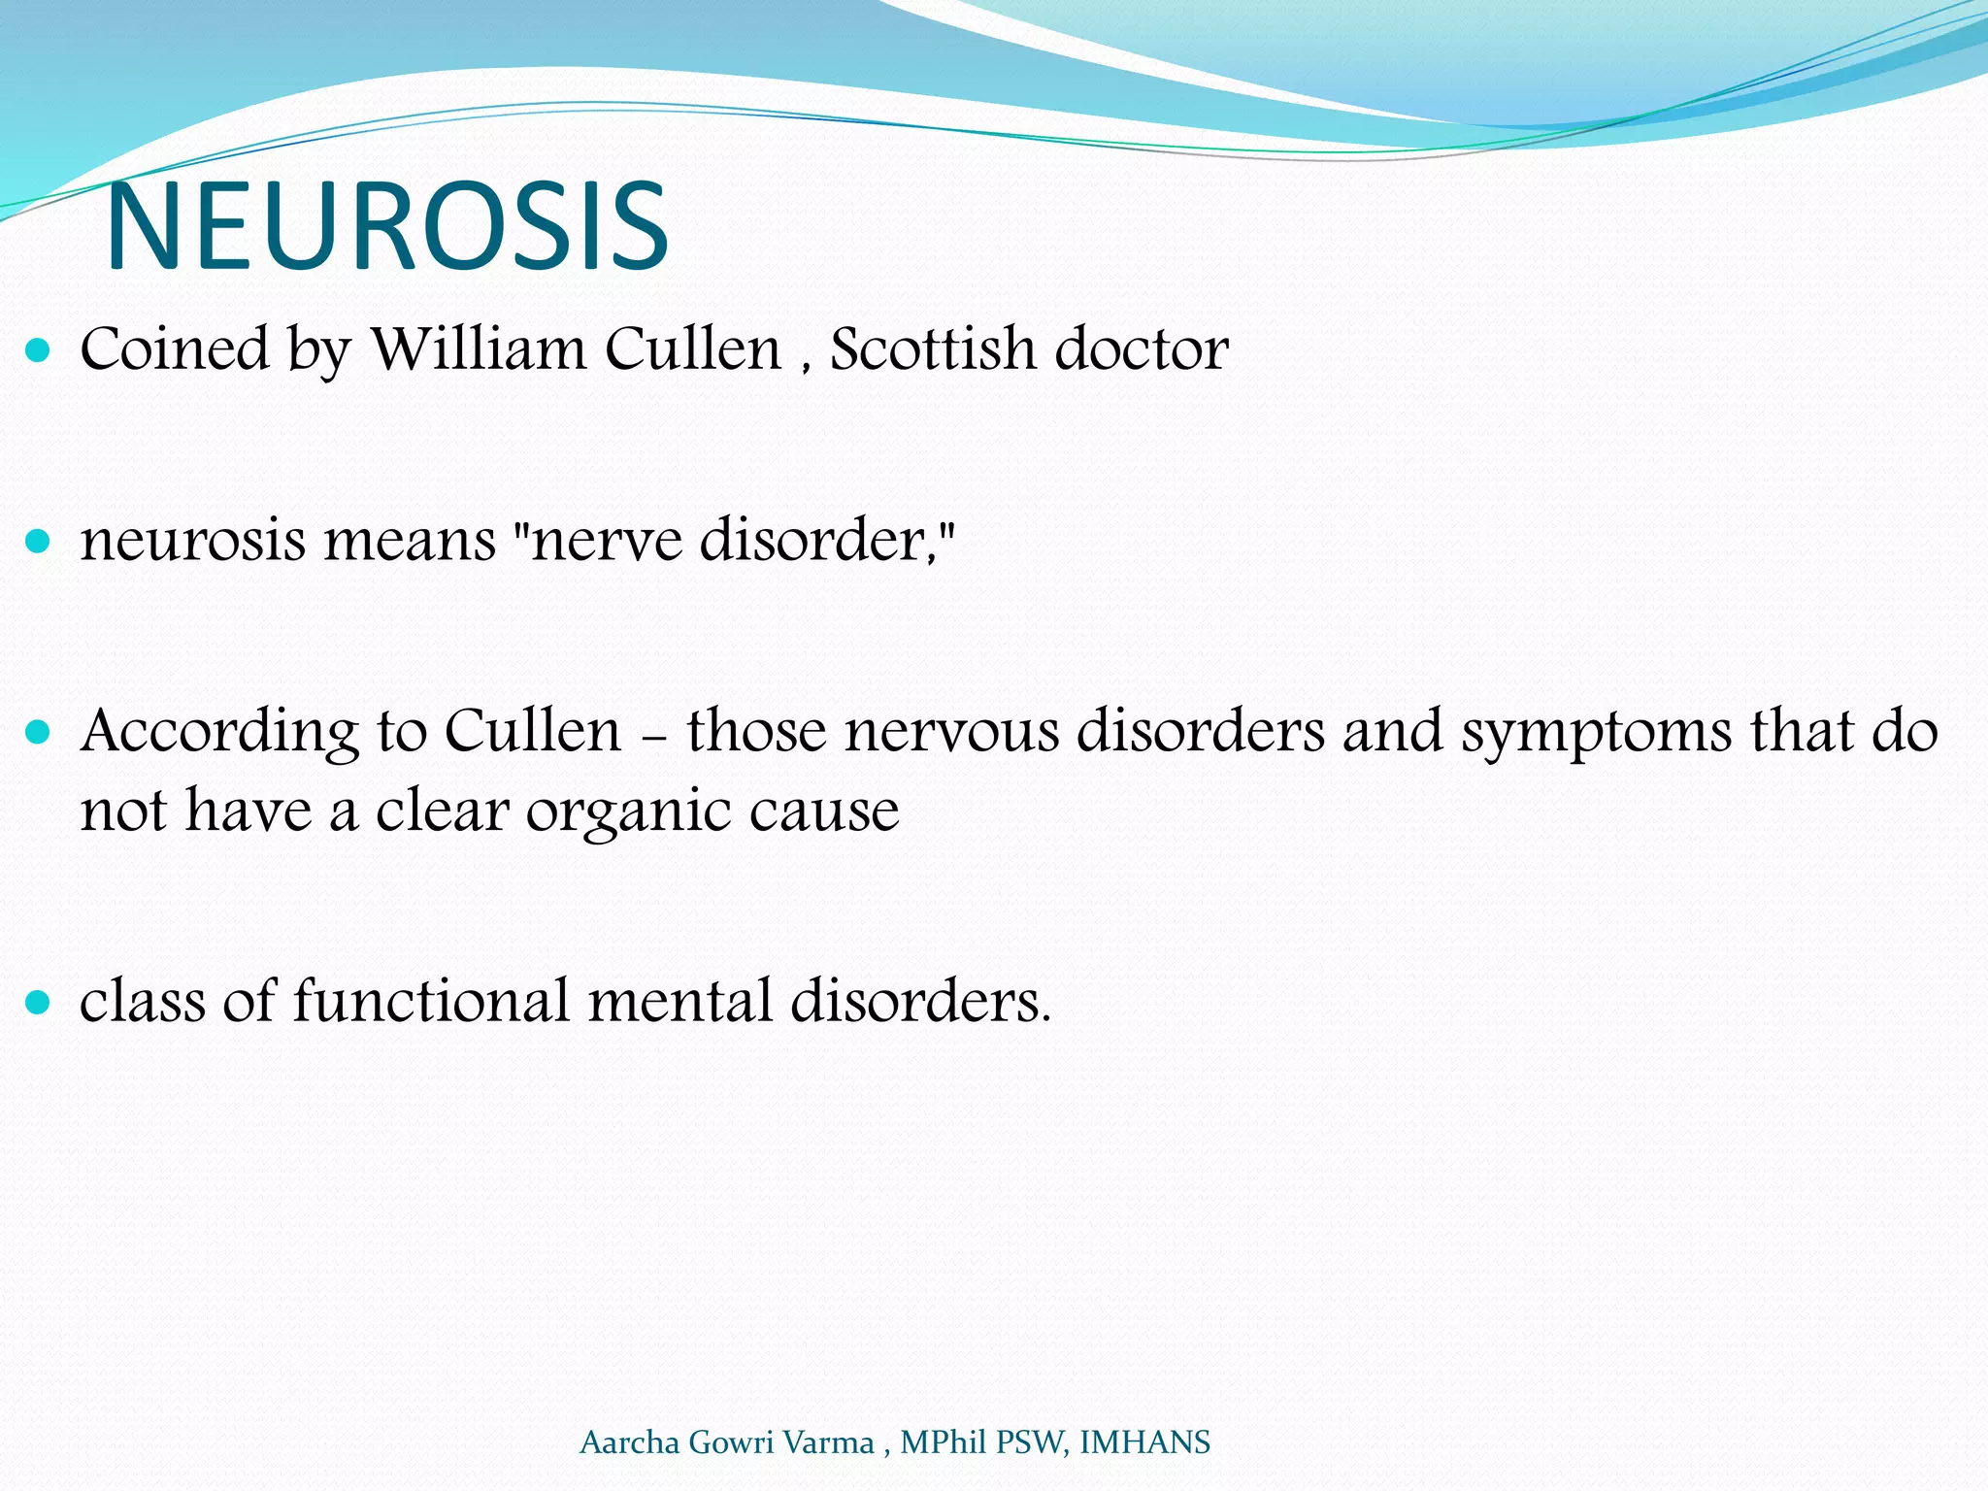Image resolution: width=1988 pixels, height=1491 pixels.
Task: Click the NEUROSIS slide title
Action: (x=387, y=227)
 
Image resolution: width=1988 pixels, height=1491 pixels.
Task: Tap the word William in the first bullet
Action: (x=479, y=348)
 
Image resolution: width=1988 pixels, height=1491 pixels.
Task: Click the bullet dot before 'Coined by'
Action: (x=38, y=350)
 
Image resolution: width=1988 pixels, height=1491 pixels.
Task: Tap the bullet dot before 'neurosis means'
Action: (x=38, y=541)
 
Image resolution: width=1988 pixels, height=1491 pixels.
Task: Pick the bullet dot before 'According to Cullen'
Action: (x=38, y=731)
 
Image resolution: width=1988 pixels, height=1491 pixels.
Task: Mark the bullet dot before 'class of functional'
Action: (x=38, y=1002)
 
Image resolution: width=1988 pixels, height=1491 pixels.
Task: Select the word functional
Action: (x=431, y=1000)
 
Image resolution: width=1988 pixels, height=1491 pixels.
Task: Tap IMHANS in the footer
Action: (x=1144, y=1442)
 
